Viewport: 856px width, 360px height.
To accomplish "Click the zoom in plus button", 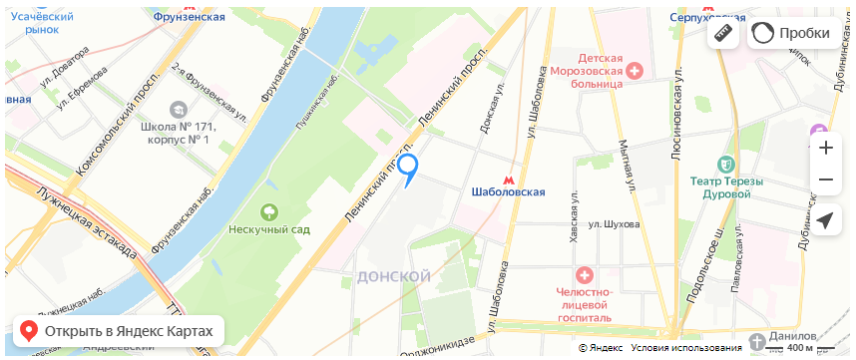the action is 825,148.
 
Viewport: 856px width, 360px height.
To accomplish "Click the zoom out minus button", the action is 825,180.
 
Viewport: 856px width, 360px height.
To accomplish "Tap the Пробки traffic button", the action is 792,33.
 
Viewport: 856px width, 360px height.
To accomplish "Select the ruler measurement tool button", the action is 724,33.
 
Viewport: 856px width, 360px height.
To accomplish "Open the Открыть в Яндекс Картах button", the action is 118,330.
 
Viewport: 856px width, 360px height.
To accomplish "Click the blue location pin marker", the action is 408,170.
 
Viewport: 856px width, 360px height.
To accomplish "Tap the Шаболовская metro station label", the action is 508,191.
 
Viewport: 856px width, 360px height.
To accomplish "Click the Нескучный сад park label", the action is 269,229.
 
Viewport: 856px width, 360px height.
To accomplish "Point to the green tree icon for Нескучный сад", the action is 268,211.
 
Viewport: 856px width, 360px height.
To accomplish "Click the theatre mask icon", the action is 725,162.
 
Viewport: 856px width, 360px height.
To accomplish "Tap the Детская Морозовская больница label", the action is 588,72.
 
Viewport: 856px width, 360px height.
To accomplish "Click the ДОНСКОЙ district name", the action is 393,275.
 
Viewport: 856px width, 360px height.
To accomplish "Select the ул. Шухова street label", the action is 614,224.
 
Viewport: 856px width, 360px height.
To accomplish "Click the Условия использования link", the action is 685,348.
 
